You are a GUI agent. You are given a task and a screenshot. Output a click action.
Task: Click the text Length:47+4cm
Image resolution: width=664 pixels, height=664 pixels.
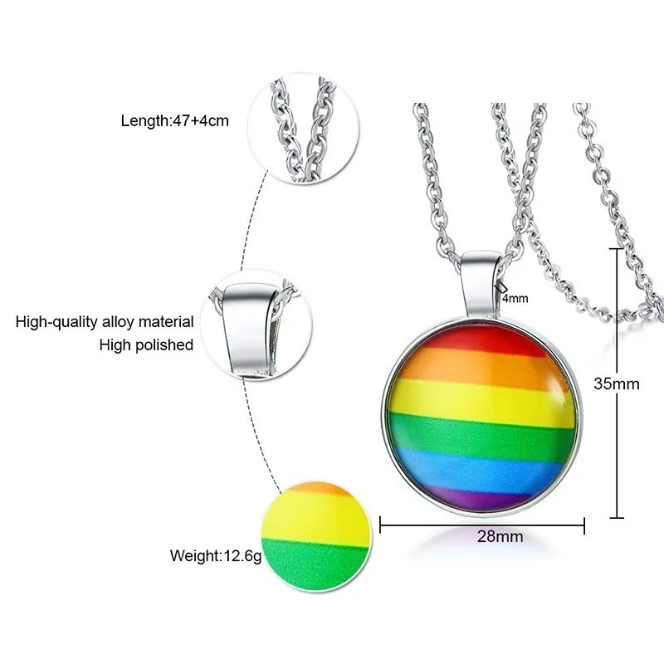pyautogui.click(x=174, y=121)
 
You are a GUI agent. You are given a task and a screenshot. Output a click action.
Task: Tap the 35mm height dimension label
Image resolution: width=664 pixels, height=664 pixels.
pyautogui.click(x=616, y=383)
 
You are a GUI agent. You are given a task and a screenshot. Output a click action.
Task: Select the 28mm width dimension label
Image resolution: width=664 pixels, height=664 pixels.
pyautogui.click(x=500, y=536)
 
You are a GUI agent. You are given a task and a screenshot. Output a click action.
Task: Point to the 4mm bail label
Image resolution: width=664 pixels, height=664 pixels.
pyautogui.click(x=515, y=299)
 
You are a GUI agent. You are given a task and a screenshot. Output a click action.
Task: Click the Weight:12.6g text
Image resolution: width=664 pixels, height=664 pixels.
pyautogui.click(x=216, y=556)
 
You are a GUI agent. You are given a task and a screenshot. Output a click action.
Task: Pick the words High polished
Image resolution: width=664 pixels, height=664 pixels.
pyautogui.click(x=146, y=344)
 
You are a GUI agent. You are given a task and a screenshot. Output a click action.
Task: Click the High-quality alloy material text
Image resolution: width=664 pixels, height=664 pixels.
pyautogui.click(x=105, y=322)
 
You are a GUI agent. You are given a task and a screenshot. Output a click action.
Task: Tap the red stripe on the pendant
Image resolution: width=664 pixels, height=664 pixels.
pyautogui.click(x=487, y=339)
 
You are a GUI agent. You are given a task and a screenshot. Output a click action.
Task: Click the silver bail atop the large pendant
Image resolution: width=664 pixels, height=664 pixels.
pyautogui.click(x=482, y=283)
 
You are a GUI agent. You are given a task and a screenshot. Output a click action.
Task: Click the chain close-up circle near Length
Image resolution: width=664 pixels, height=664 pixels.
pyautogui.click(x=303, y=129)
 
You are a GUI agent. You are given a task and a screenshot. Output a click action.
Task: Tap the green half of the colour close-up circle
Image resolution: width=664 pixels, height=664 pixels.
pyautogui.click(x=315, y=564)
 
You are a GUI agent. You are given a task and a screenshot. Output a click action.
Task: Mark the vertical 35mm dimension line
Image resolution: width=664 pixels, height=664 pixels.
pyautogui.click(x=617, y=383)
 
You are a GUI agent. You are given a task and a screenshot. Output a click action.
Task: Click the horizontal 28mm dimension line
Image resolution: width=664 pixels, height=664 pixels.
pyautogui.click(x=482, y=525)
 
